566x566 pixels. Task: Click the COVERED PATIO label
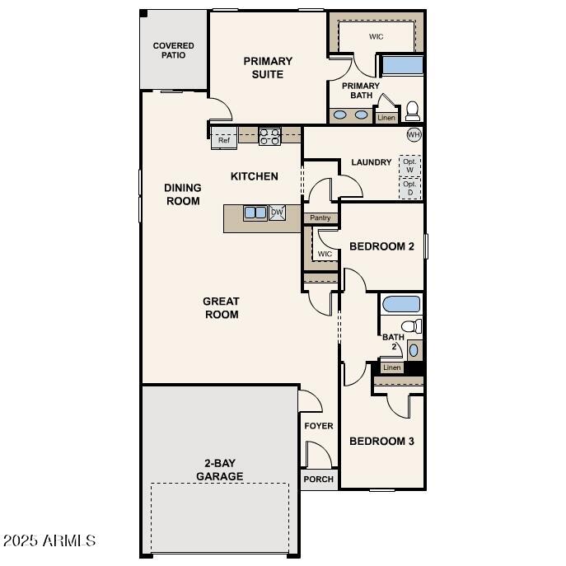173,50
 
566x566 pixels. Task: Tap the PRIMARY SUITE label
268,68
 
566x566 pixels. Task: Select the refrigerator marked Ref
224,140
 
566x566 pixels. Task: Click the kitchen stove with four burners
269,136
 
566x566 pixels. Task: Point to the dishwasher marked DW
277,213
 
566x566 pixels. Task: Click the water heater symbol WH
414,134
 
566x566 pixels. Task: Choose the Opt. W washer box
409,165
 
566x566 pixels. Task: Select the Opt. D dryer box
409,188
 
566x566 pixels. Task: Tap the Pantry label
320,218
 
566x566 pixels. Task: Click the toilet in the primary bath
412,110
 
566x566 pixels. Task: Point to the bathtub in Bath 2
401,303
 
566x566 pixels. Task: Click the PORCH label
319,479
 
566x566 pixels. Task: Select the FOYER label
319,426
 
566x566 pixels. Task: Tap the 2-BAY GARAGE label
219,470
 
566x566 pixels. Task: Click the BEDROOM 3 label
381,441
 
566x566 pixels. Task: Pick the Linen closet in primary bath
386,118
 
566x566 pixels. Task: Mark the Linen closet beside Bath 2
392,367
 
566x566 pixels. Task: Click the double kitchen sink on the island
255,213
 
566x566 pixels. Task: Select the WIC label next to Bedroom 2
325,254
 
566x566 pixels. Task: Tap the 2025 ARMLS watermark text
49,540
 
